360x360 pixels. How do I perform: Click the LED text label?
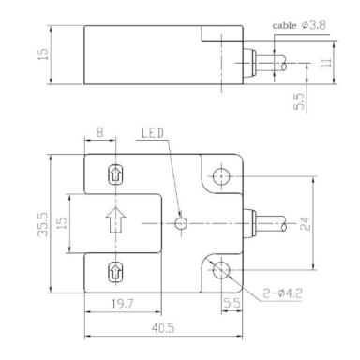coord(153,133)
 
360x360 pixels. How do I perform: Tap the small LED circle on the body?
coord(181,223)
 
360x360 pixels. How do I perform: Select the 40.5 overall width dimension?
coord(163,328)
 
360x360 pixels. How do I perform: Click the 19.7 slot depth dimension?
coord(123,304)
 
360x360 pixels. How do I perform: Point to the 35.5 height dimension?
coord(43,224)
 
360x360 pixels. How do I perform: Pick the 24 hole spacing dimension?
coord(306,223)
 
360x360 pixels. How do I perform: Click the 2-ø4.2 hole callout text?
coord(282,293)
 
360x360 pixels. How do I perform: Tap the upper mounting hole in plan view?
coord(221,176)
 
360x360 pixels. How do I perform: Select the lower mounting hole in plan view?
coord(221,270)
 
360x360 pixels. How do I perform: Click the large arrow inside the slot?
coord(115,220)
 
